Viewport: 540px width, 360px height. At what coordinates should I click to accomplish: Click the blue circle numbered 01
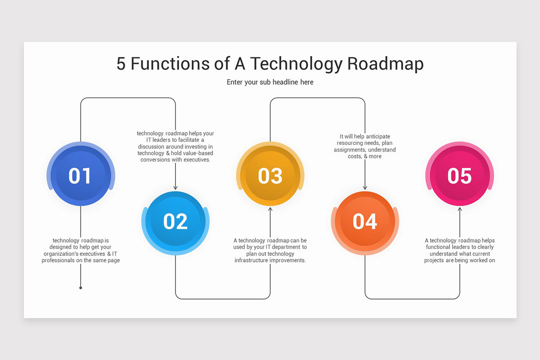(80, 175)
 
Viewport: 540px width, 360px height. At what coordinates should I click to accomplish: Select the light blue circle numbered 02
(175, 221)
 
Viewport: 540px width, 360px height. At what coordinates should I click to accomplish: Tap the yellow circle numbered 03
(270, 175)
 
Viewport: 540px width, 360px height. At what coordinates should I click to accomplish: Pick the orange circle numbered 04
(365, 221)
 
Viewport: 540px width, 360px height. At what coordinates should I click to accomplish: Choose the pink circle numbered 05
(459, 175)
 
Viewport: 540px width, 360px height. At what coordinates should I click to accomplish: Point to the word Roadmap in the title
(385, 64)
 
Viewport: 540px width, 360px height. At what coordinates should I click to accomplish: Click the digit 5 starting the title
(121, 64)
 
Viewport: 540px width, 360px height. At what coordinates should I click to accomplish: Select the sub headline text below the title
(270, 82)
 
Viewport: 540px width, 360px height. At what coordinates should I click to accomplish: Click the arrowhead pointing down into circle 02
(175, 188)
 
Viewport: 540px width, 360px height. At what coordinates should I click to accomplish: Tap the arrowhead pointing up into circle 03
(270, 209)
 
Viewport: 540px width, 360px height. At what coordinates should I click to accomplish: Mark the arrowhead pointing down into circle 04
(365, 188)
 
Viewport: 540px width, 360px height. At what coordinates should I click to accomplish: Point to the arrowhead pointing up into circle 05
(459, 209)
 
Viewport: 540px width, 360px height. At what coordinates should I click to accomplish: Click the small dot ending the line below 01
(81, 288)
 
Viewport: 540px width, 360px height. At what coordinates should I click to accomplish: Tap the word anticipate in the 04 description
(378, 136)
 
